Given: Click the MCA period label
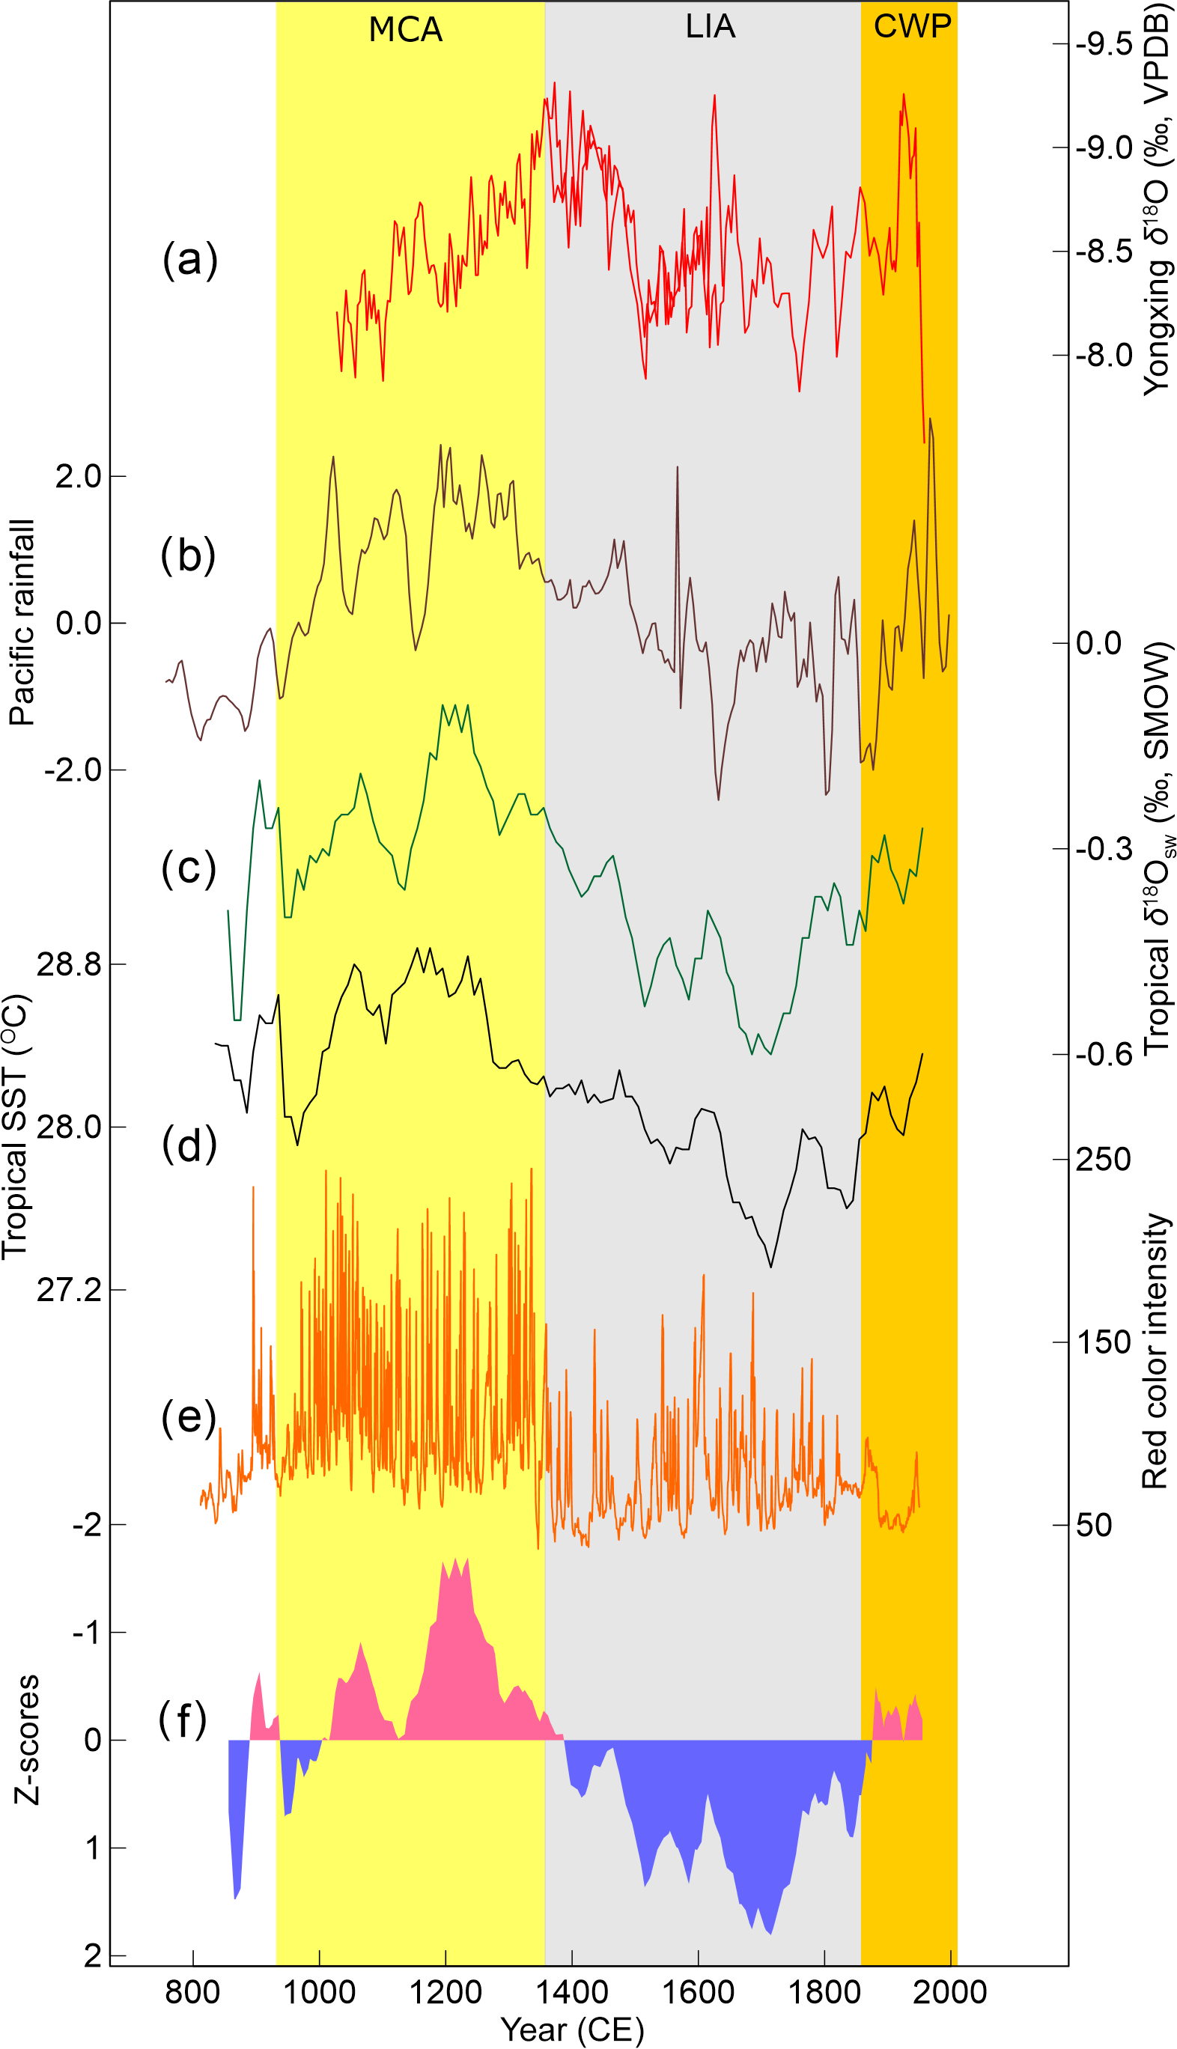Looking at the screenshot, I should click(405, 30).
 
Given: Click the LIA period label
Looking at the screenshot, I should click(710, 27).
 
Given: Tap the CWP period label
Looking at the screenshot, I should click(912, 27).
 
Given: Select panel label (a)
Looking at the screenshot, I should click(190, 261).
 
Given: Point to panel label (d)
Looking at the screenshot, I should click(189, 1145).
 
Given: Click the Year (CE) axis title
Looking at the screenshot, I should click(572, 2030).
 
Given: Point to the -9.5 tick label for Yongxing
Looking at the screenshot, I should click(1104, 43).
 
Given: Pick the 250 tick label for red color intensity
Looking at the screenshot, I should click(1103, 1160).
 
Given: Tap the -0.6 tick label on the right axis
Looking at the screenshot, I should click(1104, 1055).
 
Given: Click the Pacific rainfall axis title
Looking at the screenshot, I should click(22, 622).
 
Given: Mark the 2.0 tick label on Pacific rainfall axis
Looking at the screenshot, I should click(79, 477).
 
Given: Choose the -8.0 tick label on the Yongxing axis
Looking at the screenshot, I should click(1104, 356).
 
